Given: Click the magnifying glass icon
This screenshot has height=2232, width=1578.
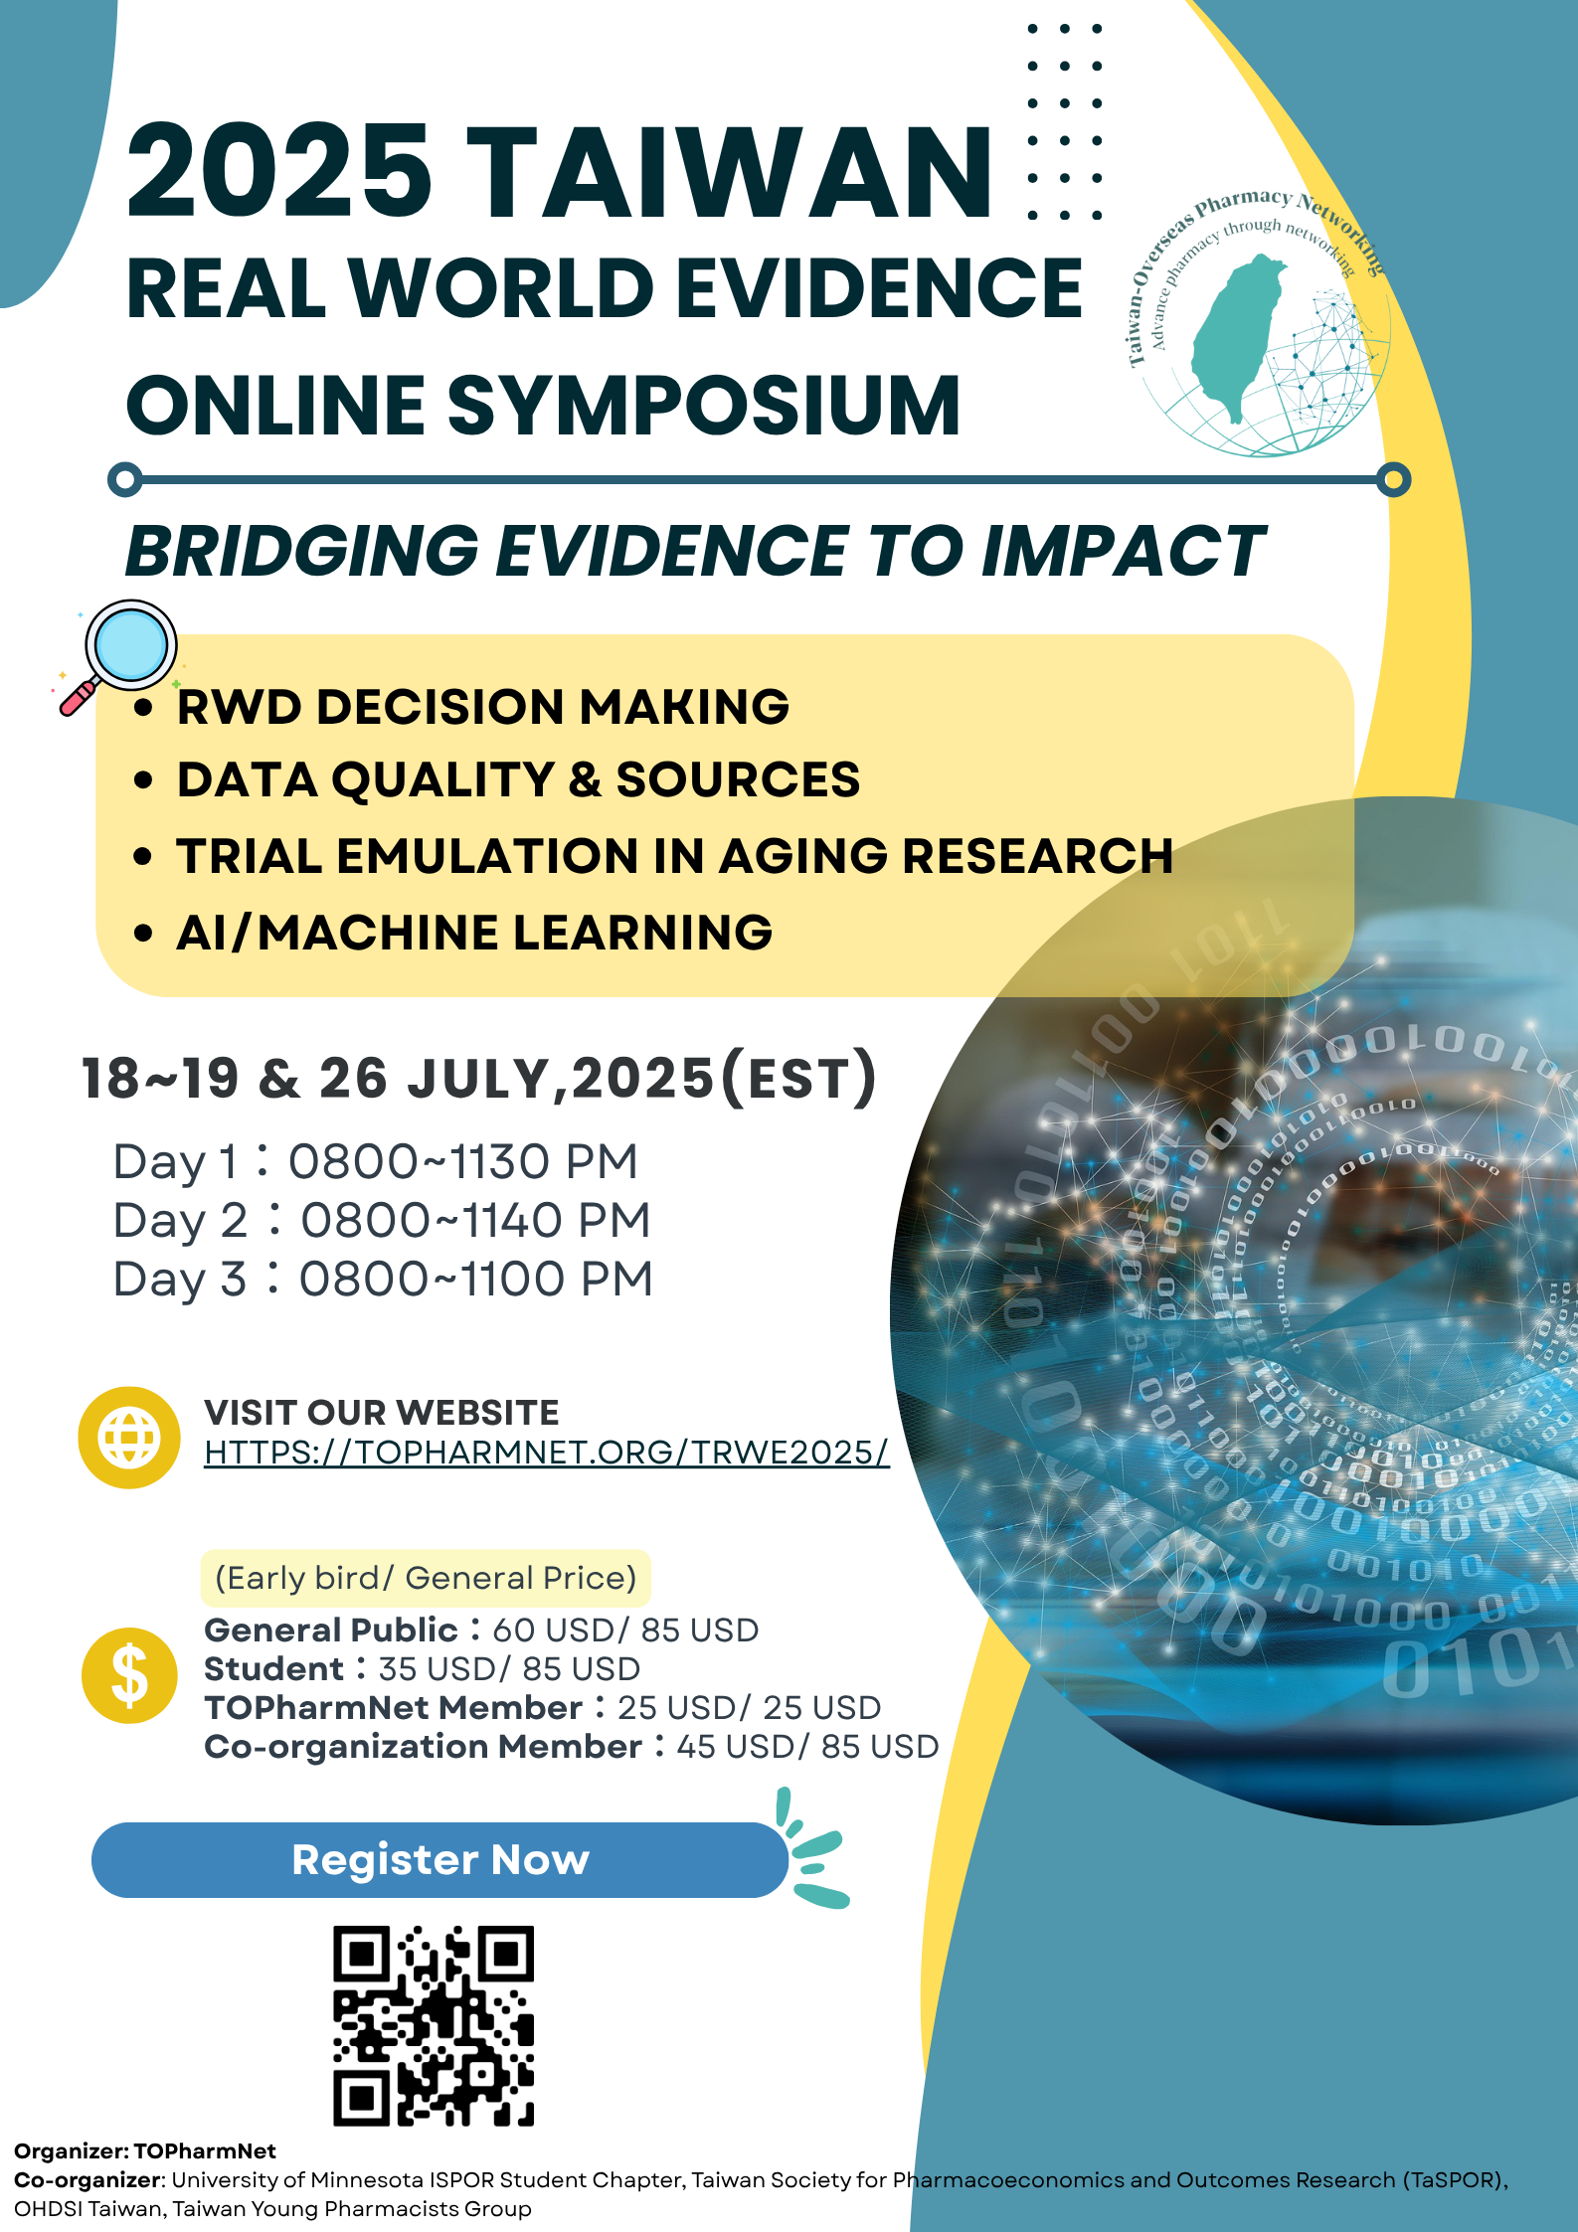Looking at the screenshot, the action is [118, 656].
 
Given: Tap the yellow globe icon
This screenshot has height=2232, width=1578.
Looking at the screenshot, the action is [129, 1437].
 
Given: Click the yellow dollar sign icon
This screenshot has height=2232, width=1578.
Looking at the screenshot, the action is [129, 1675].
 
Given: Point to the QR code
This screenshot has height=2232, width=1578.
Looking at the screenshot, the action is [434, 2025].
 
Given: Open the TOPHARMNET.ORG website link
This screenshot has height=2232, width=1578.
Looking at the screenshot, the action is [546, 1452].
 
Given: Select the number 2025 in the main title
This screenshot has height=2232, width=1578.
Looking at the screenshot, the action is [279, 171].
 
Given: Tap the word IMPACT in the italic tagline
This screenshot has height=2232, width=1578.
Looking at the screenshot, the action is [1124, 551].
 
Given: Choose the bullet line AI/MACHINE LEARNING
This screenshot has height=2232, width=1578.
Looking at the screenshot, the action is [474, 933].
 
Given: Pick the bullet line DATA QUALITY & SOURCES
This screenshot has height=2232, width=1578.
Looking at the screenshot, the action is [518, 779].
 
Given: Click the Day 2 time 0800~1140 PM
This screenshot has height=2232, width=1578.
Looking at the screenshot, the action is [475, 1220].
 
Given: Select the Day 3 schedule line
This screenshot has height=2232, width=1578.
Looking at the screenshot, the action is [383, 1279].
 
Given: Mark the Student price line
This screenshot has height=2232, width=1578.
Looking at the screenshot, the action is [422, 1668].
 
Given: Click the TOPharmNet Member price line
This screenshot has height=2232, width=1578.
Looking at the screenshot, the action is [542, 1707].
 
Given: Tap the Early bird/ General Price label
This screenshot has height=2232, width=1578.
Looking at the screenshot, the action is [426, 1578].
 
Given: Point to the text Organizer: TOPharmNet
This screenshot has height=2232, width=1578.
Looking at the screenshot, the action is [145, 2150].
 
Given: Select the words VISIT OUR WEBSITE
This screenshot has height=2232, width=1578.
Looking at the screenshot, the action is [382, 1412].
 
